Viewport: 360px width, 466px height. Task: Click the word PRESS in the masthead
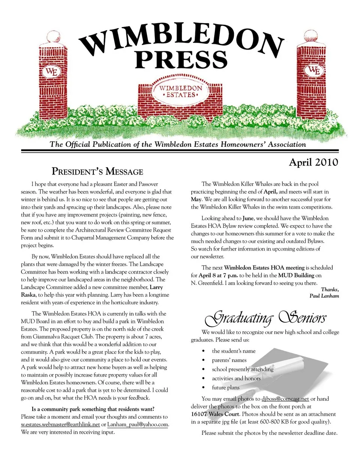click(x=181, y=60)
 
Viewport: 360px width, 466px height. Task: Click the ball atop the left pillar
click(x=53, y=38)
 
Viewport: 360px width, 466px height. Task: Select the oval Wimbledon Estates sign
click(x=181, y=91)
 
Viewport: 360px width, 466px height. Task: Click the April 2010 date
click(x=313, y=162)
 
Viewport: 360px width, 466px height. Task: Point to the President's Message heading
click(x=97, y=172)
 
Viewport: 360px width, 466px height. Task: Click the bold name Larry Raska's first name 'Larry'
click(x=156, y=287)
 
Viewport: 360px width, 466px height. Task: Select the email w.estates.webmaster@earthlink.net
click(x=60, y=424)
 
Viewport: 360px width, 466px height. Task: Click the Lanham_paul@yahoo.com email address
click(x=138, y=424)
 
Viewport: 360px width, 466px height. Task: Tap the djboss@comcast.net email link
click(x=285, y=399)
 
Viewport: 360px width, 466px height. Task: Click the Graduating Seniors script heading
click(x=265, y=318)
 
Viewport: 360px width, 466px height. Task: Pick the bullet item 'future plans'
click(x=225, y=388)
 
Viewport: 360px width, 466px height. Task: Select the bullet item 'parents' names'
click(x=229, y=360)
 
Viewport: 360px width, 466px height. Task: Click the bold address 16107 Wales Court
click(x=215, y=414)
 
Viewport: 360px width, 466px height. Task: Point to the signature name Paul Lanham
click(x=324, y=296)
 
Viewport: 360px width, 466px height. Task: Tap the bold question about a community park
click(x=93, y=409)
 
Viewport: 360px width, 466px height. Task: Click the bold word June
click(x=248, y=218)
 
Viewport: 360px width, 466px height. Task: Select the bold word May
click(x=196, y=199)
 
